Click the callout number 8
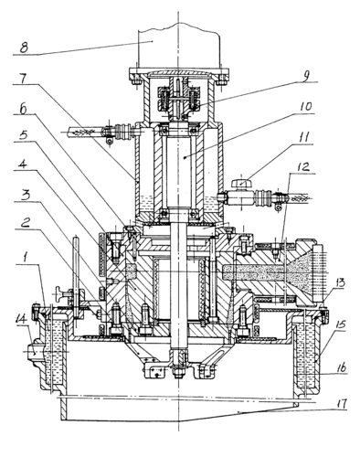(x=25, y=48)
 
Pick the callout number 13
(x=340, y=283)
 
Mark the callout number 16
(x=341, y=367)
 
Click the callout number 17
(x=341, y=404)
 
